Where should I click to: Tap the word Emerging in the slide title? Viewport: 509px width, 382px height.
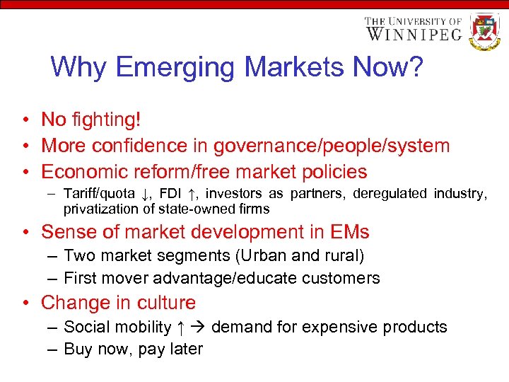tap(176, 67)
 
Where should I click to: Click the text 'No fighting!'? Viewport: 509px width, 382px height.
tap(91, 120)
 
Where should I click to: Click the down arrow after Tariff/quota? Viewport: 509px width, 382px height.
tap(144, 194)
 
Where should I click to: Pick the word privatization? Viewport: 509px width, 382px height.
tap(98, 209)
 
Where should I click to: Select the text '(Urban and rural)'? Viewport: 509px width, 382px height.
tap(304, 255)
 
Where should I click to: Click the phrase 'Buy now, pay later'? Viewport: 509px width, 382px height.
tap(133, 349)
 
